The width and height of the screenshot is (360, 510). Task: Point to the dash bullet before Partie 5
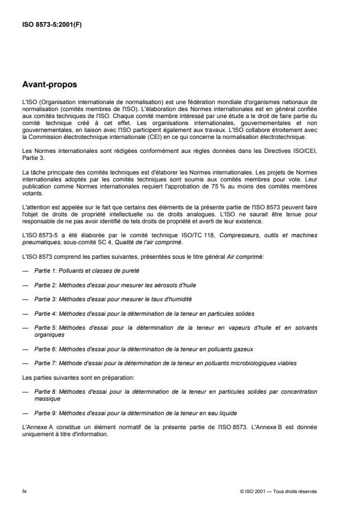click(x=25, y=327)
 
